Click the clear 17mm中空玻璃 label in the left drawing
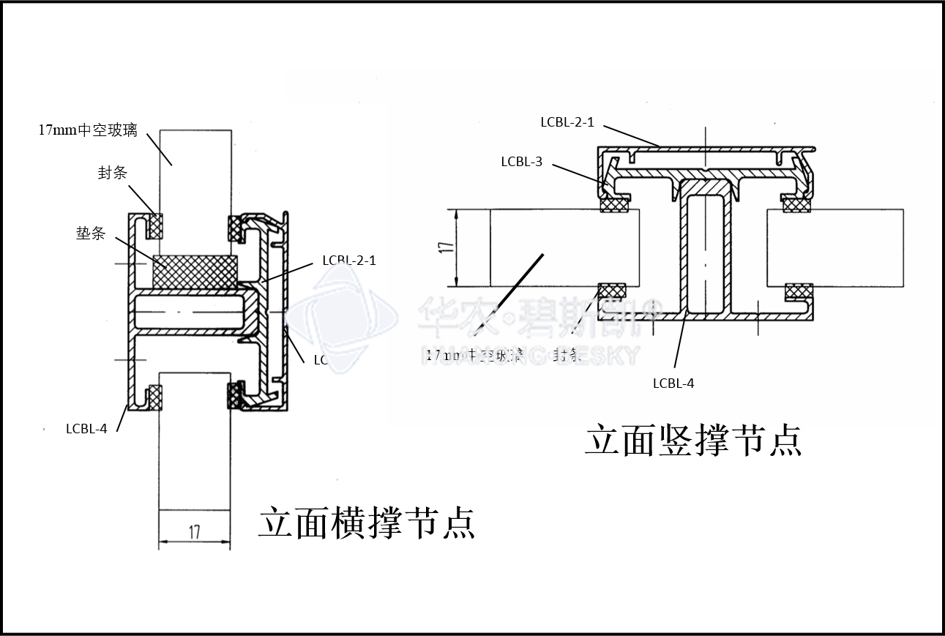(x=88, y=130)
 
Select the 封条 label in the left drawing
(x=113, y=173)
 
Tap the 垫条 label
(x=91, y=233)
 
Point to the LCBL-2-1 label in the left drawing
(x=349, y=261)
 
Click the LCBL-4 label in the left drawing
(x=86, y=429)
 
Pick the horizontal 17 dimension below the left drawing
(x=195, y=532)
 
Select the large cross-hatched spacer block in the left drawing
(x=195, y=272)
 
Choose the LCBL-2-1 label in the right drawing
(x=567, y=122)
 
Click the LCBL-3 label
(x=521, y=162)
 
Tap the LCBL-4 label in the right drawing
(x=673, y=383)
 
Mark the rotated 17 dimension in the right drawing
(x=448, y=247)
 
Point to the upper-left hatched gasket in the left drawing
(x=154, y=225)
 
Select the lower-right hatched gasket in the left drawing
(x=235, y=395)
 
